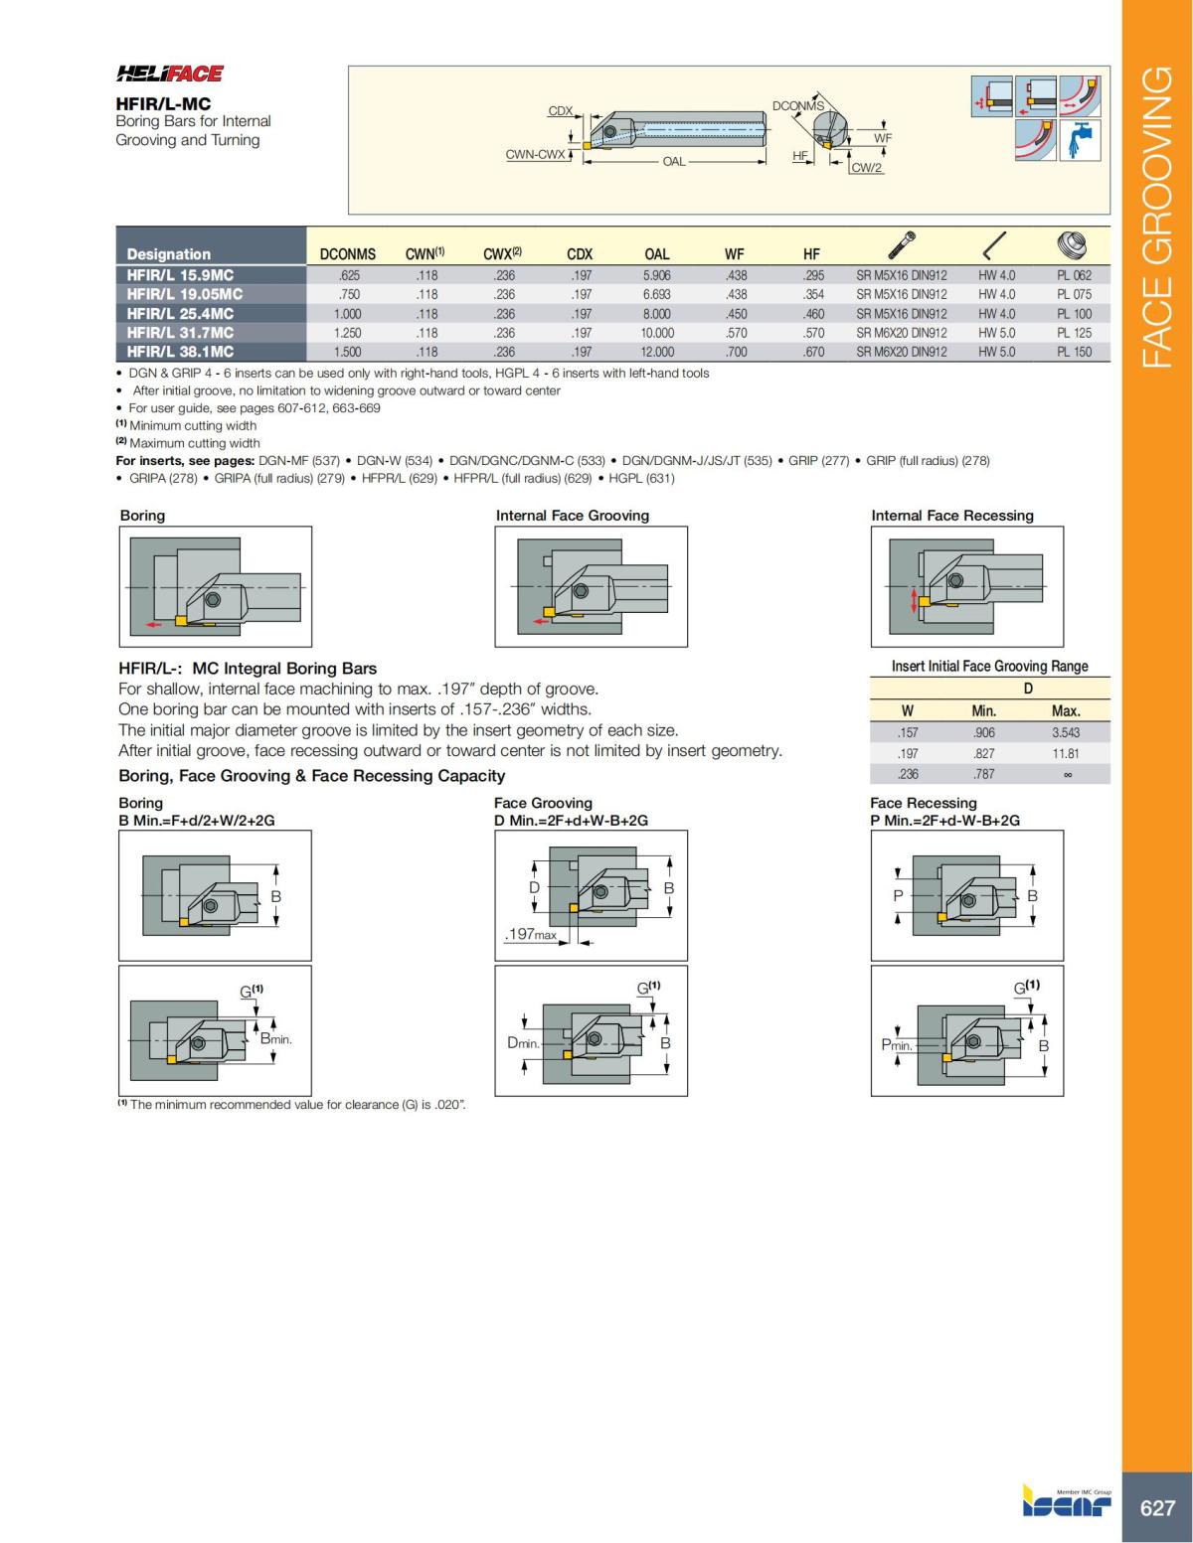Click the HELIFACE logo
(x=170, y=74)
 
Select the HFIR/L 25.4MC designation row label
(x=180, y=314)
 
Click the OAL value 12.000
(x=657, y=352)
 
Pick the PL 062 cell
(x=1074, y=275)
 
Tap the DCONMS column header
(x=347, y=254)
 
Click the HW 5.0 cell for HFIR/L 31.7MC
(x=996, y=333)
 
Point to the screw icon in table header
(x=902, y=244)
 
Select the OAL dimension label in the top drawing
(x=673, y=161)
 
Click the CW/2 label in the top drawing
(x=867, y=168)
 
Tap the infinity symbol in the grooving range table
(x=1067, y=775)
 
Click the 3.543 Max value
(x=1066, y=732)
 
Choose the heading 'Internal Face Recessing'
(x=951, y=516)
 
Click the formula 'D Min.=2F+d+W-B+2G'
(x=571, y=821)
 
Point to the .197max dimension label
(x=530, y=935)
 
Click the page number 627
(x=1157, y=1508)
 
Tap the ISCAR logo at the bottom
(x=1067, y=1503)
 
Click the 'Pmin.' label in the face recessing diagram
(x=897, y=1045)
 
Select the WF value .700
(x=736, y=352)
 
